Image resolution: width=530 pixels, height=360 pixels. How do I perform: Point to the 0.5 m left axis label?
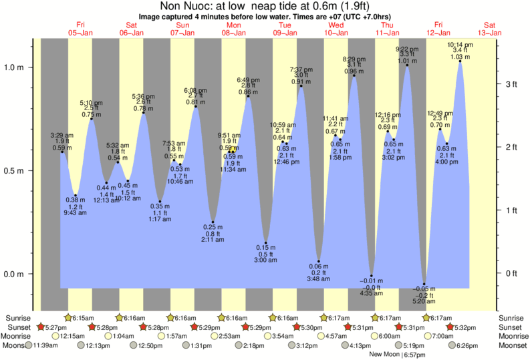[14, 170]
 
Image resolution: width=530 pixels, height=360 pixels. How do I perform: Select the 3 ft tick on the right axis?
[509, 84]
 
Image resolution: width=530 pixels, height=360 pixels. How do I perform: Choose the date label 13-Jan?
[490, 32]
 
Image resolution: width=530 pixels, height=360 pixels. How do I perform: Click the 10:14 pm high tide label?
[460, 45]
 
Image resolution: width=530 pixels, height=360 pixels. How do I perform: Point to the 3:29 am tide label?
[61, 136]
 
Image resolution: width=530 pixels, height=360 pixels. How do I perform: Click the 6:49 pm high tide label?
[248, 80]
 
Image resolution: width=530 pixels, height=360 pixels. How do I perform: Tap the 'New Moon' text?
[384, 354]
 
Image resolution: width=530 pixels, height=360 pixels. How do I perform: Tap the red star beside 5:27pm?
[41, 327]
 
